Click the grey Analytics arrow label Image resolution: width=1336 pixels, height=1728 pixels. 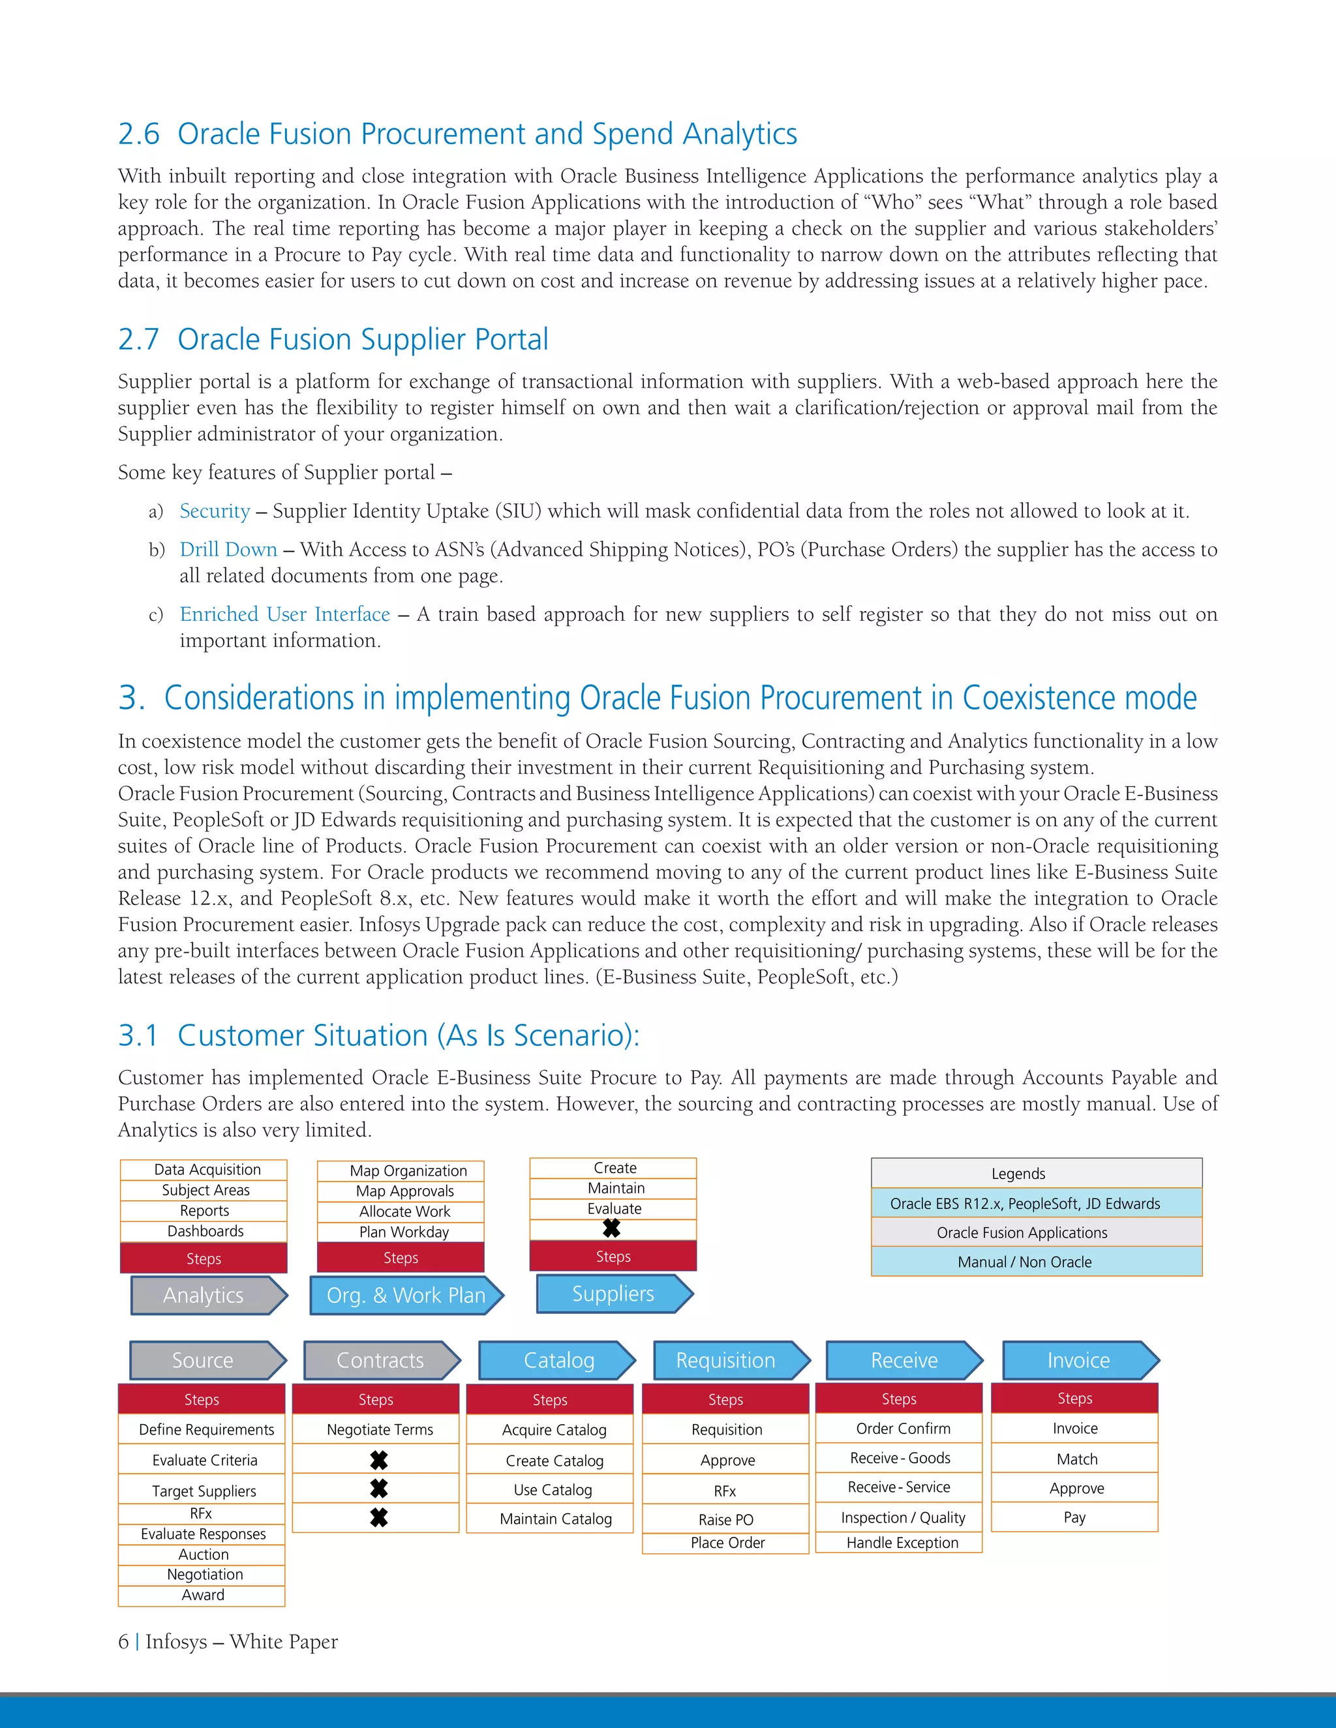coord(204,1295)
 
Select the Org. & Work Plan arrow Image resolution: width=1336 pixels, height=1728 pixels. coord(405,1295)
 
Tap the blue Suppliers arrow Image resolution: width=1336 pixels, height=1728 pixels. coord(613,1294)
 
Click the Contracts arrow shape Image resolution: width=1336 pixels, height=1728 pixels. coord(380,1360)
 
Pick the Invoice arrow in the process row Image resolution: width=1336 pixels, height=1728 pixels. coord(1078,1360)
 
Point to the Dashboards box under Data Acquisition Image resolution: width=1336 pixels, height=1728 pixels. coord(204,1231)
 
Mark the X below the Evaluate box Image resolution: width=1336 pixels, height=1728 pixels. coord(612,1229)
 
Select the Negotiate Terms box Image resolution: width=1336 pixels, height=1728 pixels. coord(379,1429)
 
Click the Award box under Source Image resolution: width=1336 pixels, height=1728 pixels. coord(203,1595)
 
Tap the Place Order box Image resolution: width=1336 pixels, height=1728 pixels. coord(727,1542)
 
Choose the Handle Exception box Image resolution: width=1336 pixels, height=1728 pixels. coord(902,1542)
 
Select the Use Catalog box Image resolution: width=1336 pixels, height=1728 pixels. coord(552,1489)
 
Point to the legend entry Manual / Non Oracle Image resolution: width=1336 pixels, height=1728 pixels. coord(1024,1262)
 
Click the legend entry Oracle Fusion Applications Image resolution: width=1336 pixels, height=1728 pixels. coord(1022,1232)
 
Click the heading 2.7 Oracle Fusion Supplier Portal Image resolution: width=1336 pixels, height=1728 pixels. coord(333,340)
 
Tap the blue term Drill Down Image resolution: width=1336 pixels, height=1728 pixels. coord(228,549)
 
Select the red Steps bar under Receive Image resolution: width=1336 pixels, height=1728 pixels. coord(898,1399)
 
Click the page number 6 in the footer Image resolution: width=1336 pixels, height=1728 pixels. coord(123,1642)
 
